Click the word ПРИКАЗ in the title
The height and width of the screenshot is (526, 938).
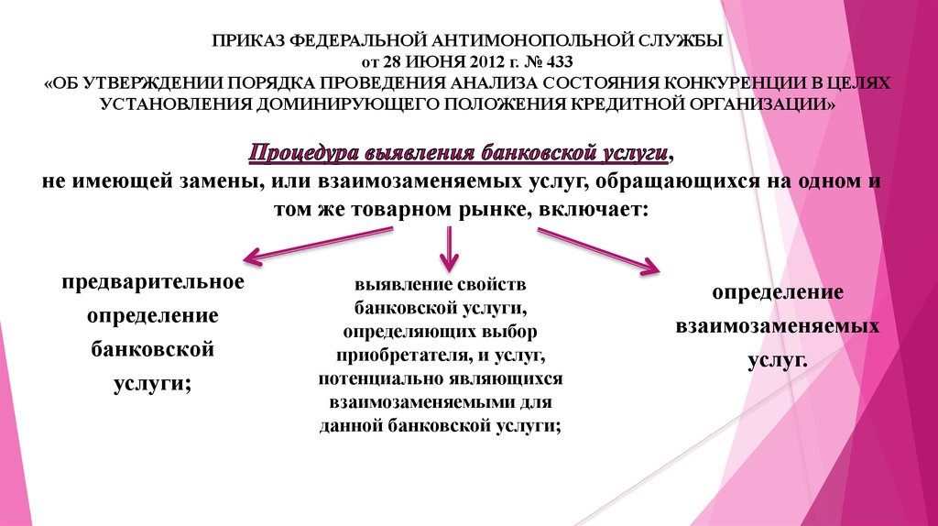coord(246,42)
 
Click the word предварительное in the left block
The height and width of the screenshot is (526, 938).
coord(153,280)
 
